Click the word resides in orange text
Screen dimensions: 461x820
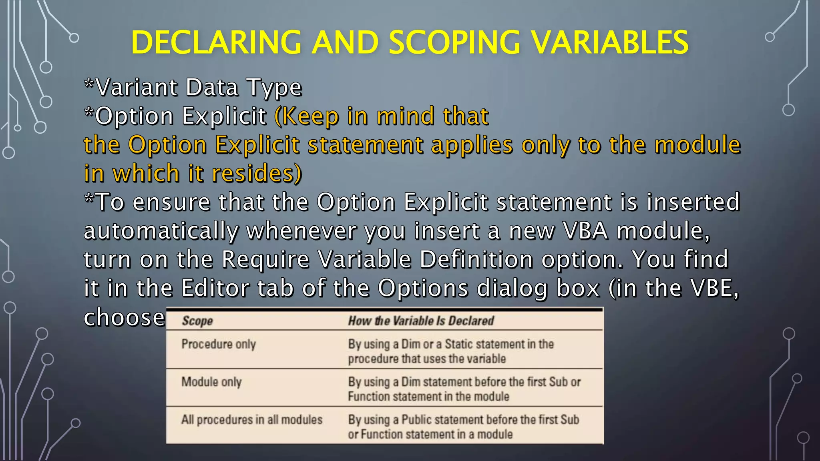pyautogui.click(x=257, y=173)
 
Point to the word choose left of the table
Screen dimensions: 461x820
pyautogui.click(x=125, y=317)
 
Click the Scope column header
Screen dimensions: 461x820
pyautogui.click(x=197, y=321)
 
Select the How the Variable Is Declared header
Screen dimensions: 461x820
pyautogui.click(x=421, y=321)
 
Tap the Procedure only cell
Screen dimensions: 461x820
pyautogui.click(x=219, y=344)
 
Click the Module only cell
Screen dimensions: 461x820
pyautogui.click(x=211, y=382)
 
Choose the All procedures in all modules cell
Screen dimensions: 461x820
pyautogui.click(x=252, y=420)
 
